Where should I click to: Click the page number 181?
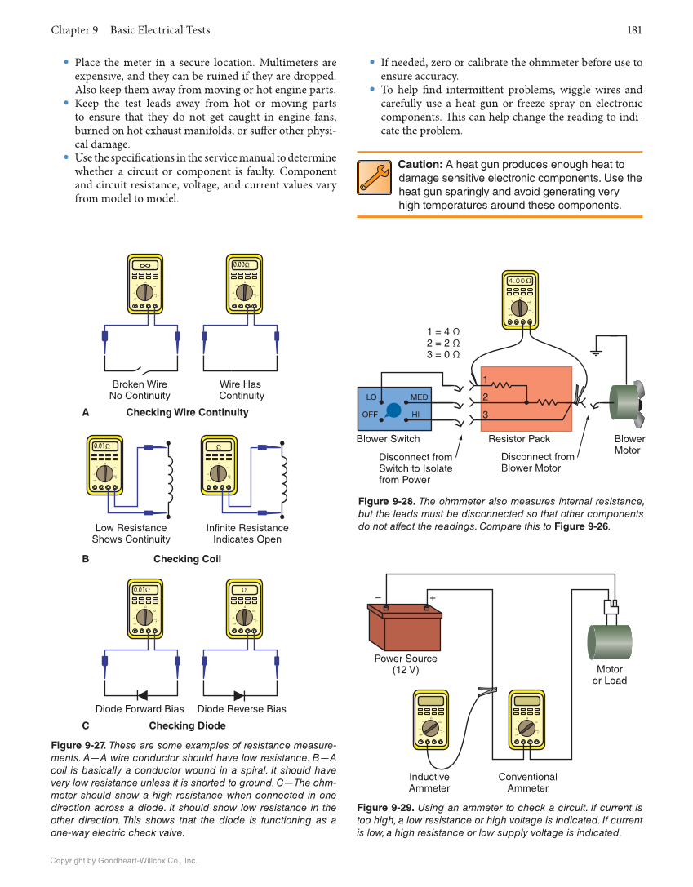tap(634, 30)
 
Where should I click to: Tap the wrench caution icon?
tap(374, 178)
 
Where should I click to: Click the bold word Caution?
tap(420, 165)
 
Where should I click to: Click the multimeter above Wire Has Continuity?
tap(242, 283)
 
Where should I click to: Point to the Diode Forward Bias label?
tap(140, 709)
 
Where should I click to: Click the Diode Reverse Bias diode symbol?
tap(239, 695)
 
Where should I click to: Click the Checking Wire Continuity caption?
tap(187, 412)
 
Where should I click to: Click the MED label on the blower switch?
tap(419, 397)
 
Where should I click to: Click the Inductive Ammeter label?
tap(429, 783)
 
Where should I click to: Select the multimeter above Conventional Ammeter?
tap(526, 719)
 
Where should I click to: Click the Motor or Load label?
tap(609, 675)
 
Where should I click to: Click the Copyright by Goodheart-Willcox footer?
tap(123, 860)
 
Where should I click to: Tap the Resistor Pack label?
tap(519, 439)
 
